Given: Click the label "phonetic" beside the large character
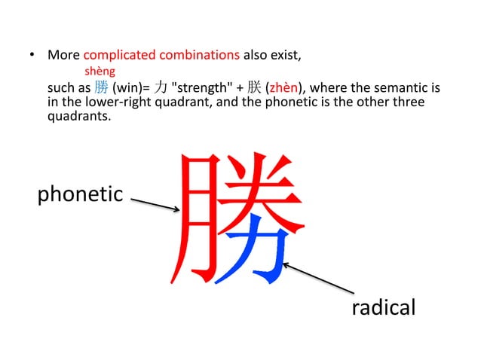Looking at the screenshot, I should tap(80, 194).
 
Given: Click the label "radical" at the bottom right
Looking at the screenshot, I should tap(384, 308).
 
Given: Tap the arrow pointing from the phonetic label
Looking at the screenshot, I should tap(155, 205).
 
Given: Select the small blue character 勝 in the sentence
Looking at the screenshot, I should tap(102, 87).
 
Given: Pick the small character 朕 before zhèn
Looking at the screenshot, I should tap(253, 87).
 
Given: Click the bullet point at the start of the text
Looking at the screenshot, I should tap(32, 56).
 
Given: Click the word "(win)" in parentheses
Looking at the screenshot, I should tap(126, 87).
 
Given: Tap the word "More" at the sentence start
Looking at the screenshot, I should tap(63, 55).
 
